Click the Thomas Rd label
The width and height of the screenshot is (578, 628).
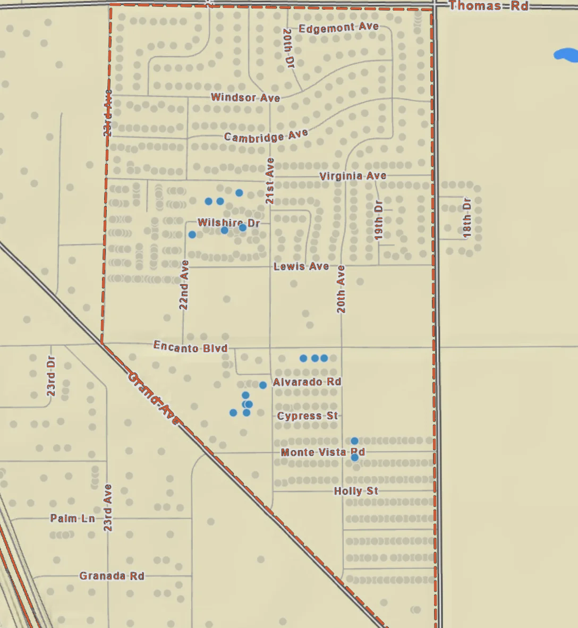tap(488, 6)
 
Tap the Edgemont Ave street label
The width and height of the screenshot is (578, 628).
tap(338, 28)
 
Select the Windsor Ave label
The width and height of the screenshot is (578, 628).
tap(245, 97)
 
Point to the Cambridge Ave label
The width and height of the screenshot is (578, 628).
tap(266, 136)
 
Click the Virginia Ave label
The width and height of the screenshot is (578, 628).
tap(353, 176)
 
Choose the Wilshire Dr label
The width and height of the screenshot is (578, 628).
tap(228, 223)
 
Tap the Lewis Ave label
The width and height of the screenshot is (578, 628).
tap(301, 266)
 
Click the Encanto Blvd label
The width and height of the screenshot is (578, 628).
tap(190, 347)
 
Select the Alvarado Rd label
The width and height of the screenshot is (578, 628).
tap(307, 382)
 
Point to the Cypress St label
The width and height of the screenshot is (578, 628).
tap(308, 415)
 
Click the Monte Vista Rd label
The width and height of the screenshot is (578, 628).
tap(322, 452)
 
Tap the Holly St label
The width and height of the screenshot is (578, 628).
tap(356, 491)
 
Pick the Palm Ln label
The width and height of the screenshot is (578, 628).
tap(73, 518)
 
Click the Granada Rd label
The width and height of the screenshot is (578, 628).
tap(112, 576)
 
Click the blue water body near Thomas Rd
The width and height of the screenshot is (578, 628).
tap(566, 55)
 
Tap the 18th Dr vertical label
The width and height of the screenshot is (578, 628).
tap(467, 218)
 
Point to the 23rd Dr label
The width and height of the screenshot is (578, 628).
tap(51, 376)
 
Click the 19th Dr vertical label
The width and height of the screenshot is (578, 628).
tap(379, 220)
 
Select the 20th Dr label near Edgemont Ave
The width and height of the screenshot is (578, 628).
tap(288, 48)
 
